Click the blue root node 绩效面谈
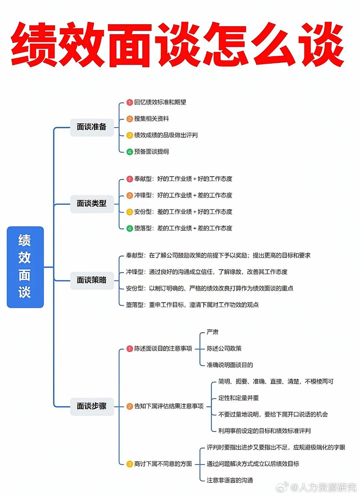coord(25,267)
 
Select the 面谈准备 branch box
coord(92,127)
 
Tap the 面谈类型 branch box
coord(92,203)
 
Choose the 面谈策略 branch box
coord(92,280)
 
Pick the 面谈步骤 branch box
coord(92,406)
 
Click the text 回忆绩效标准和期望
coord(160,102)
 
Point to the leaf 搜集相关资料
coord(152,118)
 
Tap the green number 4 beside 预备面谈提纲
coord(130,151)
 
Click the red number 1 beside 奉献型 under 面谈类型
coord(130,179)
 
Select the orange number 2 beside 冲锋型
coord(130,195)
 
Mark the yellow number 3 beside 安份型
coord(130,211)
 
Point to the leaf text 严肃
coord(212,332)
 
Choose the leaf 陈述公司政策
coord(224,348)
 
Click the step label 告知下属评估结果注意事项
coord(169,406)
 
